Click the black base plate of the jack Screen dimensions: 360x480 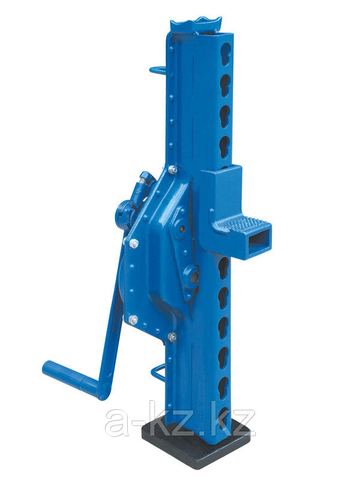196,448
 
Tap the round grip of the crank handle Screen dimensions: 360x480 70,377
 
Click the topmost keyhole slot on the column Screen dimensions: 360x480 226,54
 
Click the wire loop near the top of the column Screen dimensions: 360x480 158,70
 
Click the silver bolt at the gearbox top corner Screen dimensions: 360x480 173,169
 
